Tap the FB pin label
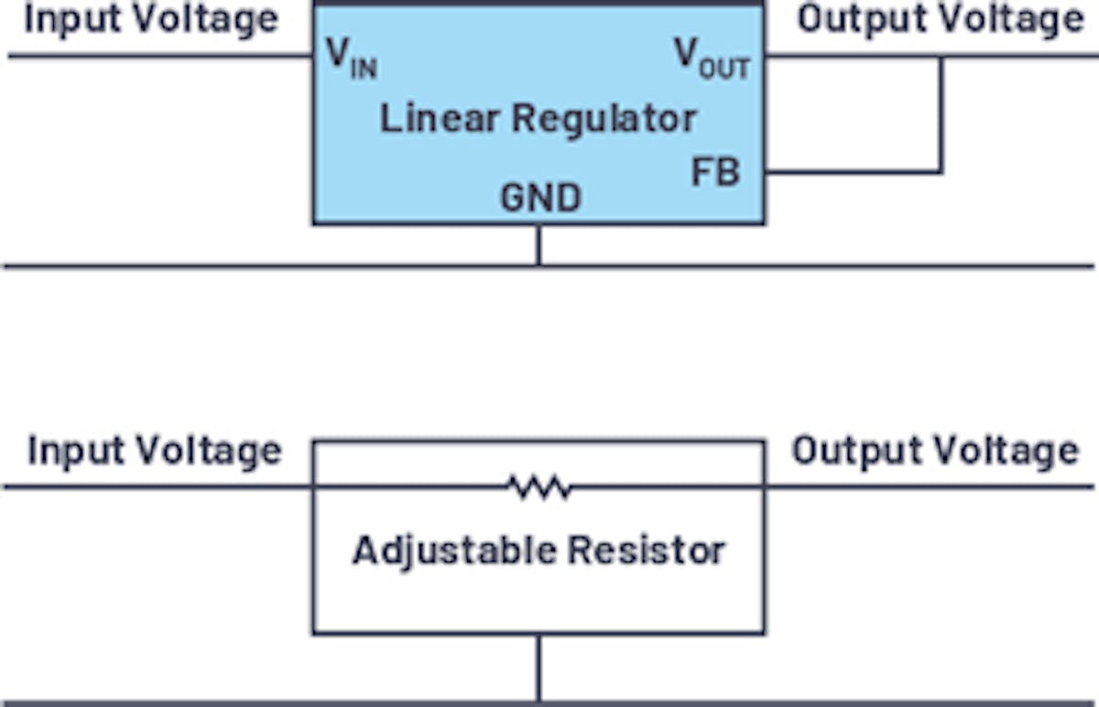(x=715, y=172)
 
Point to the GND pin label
(x=540, y=198)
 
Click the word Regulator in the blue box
(x=604, y=119)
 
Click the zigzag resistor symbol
(x=540, y=487)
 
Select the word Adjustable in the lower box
(x=454, y=551)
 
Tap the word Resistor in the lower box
(x=647, y=551)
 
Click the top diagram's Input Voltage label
(x=151, y=19)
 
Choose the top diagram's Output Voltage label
(x=940, y=19)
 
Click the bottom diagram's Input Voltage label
(x=155, y=451)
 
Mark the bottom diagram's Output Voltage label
(x=935, y=451)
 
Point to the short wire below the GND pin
(x=539, y=245)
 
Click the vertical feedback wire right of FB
(x=941, y=115)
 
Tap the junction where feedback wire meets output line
(x=941, y=58)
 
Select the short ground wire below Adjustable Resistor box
(x=539, y=668)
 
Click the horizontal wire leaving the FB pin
(x=852, y=171)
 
